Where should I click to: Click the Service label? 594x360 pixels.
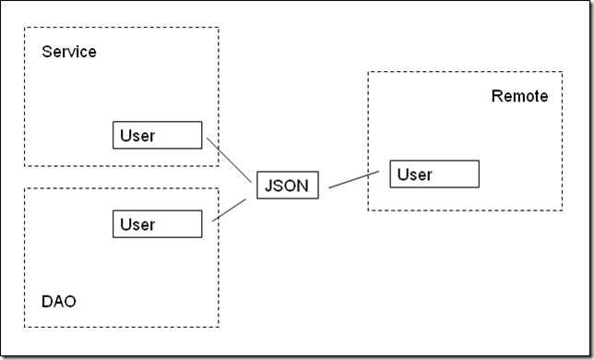(69, 52)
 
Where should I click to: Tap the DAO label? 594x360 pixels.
(59, 301)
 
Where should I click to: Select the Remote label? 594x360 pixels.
(519, 96)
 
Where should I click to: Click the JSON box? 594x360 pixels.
(288, 185)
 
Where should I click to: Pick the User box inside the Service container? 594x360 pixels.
(157, 135)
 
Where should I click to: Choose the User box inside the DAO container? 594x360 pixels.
(157, 224)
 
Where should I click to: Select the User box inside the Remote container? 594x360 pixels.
(434, 174)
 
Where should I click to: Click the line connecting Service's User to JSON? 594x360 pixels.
(229, 160)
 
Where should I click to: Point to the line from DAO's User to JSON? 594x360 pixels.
(229, 210)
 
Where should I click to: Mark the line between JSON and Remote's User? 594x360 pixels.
(354, 180)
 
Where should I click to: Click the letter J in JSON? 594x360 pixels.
(268, 186)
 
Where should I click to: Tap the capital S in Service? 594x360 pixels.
(47, 52)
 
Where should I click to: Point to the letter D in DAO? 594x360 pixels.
(47, 301)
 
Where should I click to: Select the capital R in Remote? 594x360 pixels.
(497, 96)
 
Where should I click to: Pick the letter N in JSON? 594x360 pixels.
(303, 186)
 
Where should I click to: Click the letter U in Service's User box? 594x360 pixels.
(125, 136)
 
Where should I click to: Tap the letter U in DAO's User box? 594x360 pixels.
(125, 224)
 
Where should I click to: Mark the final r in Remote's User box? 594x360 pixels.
(429, 175)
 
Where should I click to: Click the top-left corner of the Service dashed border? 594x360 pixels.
(25, 28)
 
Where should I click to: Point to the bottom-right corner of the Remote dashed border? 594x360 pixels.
(563, 210)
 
